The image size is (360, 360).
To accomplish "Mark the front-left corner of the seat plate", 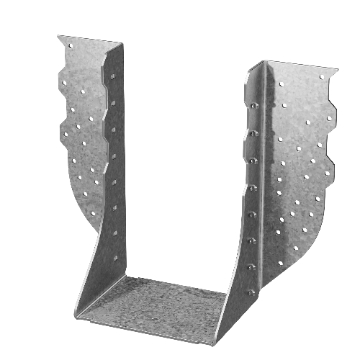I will [x=76, y=315].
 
